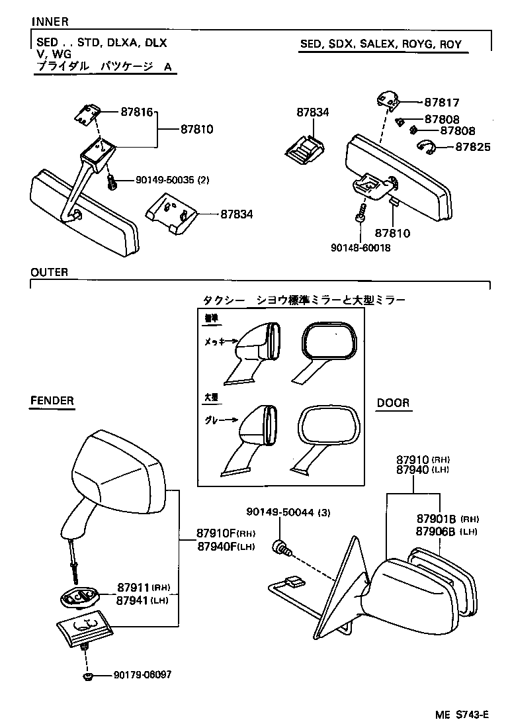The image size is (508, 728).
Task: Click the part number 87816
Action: click(x=136, y=113)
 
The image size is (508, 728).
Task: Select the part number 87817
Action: click(x=441, y=103)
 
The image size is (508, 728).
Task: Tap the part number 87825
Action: click(x=473, y=147)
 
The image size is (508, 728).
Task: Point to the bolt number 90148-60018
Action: click(x=360, y=248)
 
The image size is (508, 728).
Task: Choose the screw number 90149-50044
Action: click(x=280, y=512)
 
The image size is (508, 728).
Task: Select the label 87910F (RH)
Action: click(x=226, y=534)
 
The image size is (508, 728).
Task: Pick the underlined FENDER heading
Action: click(x=52, y=401)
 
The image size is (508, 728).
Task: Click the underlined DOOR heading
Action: click(x=393, y=402)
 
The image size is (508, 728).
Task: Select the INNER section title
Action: click(x=50, y=23)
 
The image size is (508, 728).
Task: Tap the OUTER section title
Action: click(x=50, y=273)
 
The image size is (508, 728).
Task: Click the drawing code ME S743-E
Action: click(x=461, y=715)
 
